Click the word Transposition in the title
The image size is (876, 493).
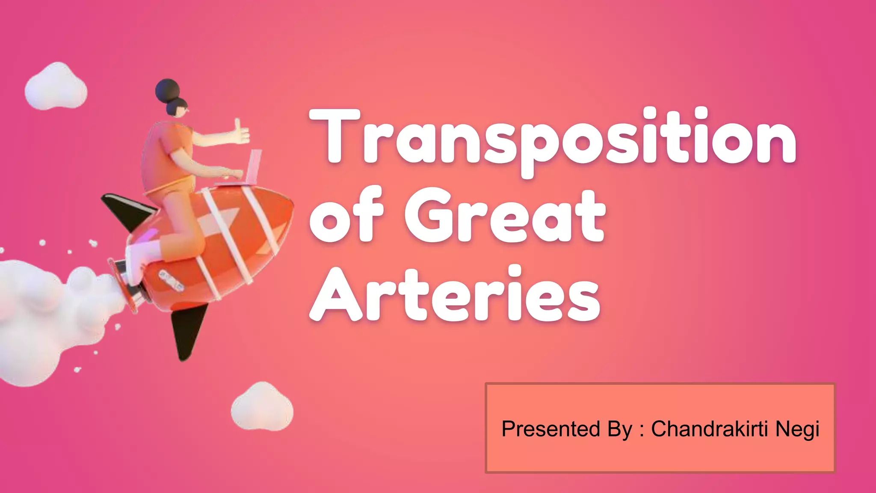[552, 139]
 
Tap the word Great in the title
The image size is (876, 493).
[505, 216]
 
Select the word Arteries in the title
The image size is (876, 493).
[456, 295]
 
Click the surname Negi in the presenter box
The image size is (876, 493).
[797, 429]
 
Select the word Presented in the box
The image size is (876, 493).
[551, 429]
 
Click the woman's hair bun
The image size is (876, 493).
[167, 90]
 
